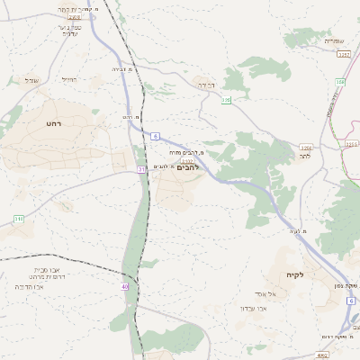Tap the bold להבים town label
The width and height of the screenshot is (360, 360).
[x=188, y=167]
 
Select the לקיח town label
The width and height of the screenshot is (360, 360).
[x=296, y=274]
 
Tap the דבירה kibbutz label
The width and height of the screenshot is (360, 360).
[x=206, y=85]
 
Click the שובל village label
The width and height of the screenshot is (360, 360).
[x=32, y=80]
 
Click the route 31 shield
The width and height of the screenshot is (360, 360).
[x=141, y=169]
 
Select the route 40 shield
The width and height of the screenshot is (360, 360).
[x=125, y=287]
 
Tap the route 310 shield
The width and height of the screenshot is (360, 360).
[x=18, y=219]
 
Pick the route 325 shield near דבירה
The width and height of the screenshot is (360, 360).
[x=227, y=100]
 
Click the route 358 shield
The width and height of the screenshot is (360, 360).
[x=339, y=82]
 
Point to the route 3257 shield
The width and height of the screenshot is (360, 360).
[x=343, y=55]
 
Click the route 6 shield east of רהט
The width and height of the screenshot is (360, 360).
[x=156, y=136]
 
